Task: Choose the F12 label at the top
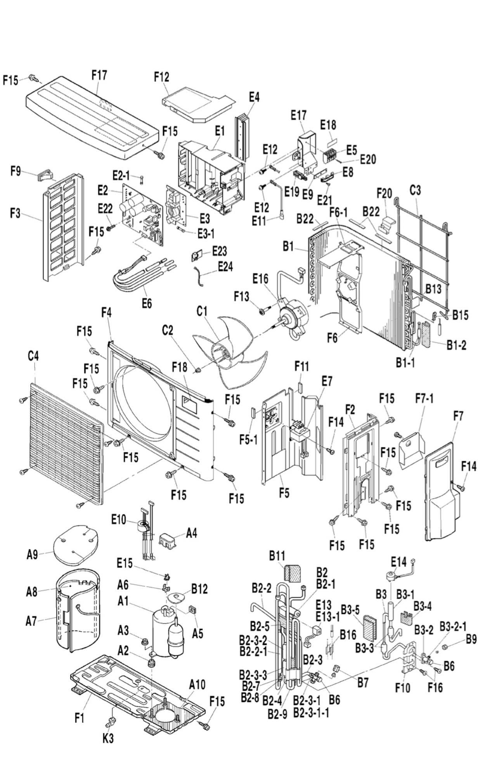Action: point(161,77)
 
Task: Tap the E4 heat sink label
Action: point(254,97)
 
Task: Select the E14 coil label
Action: point(398,561)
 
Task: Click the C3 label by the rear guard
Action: point(415,190)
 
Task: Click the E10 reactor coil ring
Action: point(144,526)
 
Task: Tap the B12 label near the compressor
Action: point(199,589)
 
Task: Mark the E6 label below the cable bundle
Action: point(147,303)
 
